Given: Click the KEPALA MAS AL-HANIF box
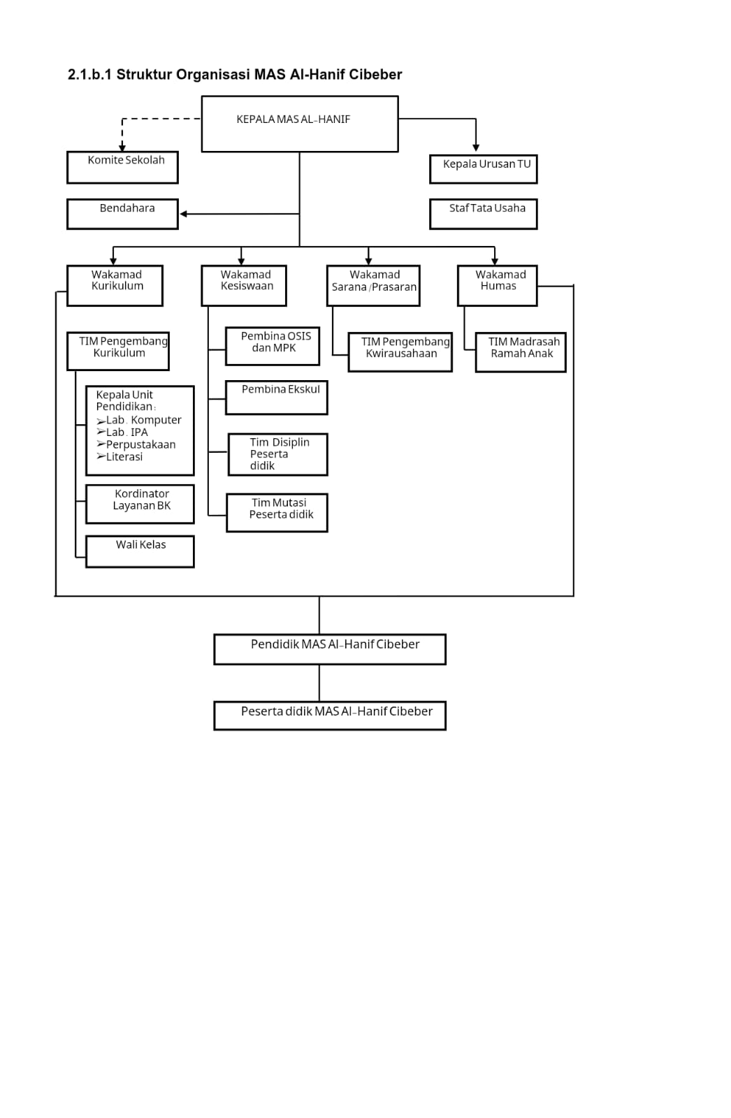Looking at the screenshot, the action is [x=300, y=124].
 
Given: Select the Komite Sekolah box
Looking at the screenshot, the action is [x=122, y=167].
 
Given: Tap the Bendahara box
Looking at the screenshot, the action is [x=122, y=214].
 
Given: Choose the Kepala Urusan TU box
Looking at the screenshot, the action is [x=484, y=169].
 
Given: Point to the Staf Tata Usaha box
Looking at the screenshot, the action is [x=484, y=214].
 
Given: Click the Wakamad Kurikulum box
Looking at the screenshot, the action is [x=115, y=286].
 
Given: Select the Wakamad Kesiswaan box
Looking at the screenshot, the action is [x=244, y=286].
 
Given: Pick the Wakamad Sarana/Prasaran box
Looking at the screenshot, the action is [x=373, y=286].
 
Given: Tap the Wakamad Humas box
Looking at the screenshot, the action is [x=498, y=286].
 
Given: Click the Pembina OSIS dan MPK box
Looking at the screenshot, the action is [x=272, y=346].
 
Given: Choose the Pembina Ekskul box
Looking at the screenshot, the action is [x=276, y=398].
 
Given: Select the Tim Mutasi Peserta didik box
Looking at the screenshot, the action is [x=277, y=513].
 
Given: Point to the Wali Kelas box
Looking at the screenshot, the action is [x=140, y=551].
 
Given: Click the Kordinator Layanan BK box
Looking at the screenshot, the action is [x=140, y=504].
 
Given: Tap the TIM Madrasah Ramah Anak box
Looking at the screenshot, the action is [x=520, y=352].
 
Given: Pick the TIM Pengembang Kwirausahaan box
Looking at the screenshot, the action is [x=400, y=352].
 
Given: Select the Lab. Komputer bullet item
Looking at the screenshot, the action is [x=139, y=420].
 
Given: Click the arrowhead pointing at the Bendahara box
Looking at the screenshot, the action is [x=184, y=214].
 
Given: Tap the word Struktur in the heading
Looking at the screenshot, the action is [x=144, y=74].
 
